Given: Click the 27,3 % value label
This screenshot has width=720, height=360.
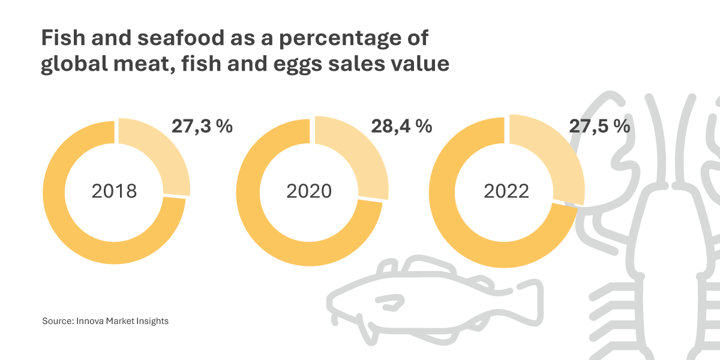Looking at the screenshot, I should coord(202,127).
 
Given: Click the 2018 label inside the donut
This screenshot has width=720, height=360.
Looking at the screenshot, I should coord(114,191).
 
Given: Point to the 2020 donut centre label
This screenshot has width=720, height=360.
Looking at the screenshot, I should coord(309,191).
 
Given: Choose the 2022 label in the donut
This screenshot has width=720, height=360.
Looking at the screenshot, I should coord(506,191).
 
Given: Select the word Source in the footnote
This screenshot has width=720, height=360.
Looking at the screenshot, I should coord(58,321).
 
